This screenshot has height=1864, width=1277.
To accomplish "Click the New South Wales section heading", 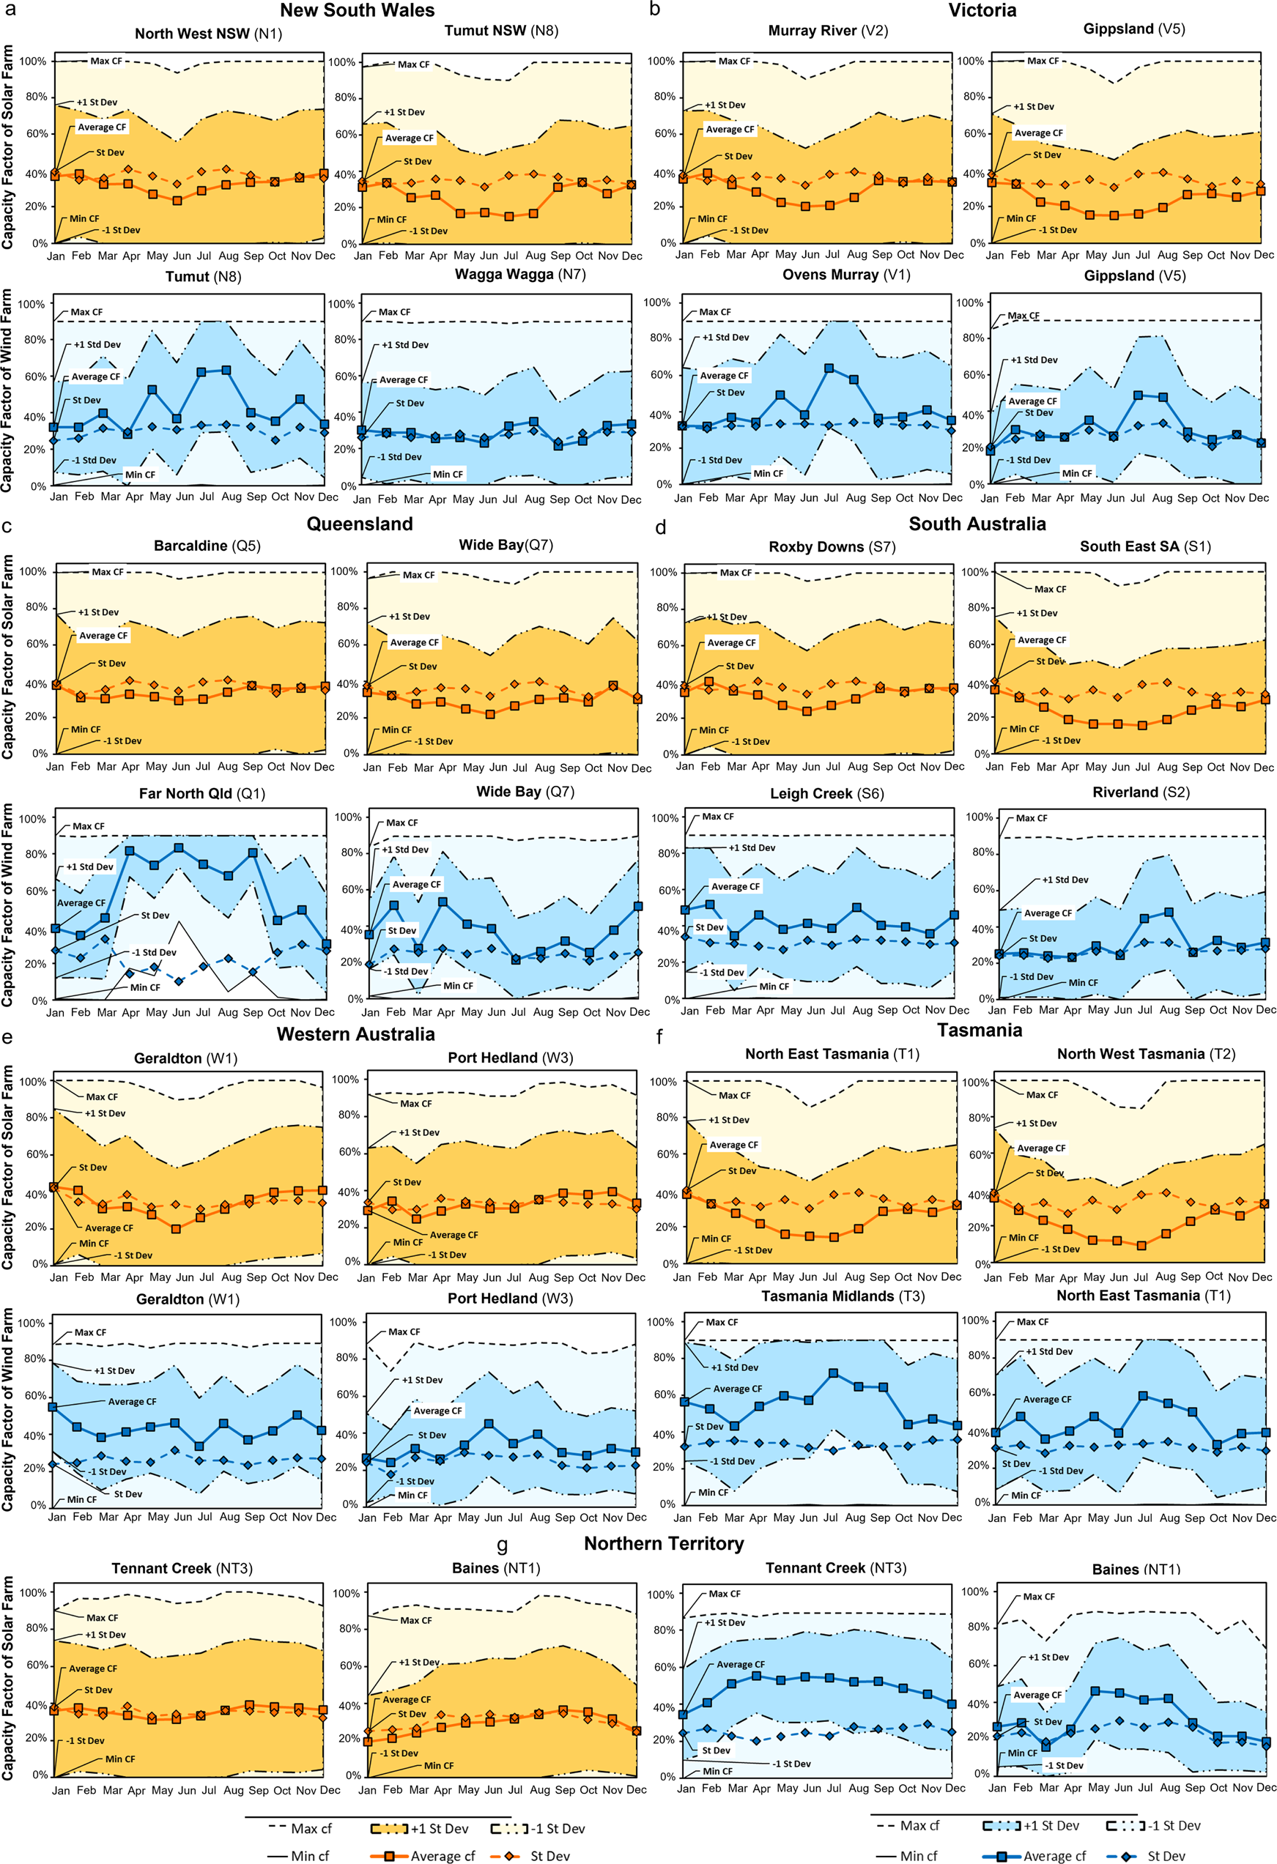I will click(357, 10).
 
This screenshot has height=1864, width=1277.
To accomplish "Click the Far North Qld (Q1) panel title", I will click(201, 793).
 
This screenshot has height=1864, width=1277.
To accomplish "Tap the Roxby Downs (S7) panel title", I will click(832, 546).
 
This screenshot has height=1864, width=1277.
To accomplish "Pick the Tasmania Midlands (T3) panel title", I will click(843, 1296).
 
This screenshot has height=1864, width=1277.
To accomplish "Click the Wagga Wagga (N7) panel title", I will click(519, 275).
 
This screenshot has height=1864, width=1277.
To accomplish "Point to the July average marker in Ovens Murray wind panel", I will click(829, 368).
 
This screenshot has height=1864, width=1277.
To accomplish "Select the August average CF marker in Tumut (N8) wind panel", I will click(226, 371).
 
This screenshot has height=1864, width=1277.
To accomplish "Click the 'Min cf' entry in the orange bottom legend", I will click(310, 1855).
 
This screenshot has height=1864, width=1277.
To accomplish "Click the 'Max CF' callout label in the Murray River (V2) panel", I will click(734, 61).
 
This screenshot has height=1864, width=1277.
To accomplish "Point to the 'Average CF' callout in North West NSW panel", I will click(102, 127).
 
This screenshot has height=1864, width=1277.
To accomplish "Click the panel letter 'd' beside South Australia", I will click(661, 527).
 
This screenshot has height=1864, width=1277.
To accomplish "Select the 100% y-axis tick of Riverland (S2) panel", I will click(979, 817).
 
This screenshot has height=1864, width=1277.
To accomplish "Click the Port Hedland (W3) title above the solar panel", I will click(510, 1057).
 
